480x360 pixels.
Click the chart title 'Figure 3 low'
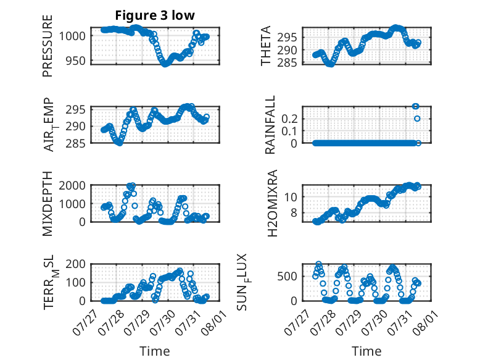pos(155,15)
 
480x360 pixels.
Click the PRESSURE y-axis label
pos(48,46)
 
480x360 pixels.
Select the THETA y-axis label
pos(266,46)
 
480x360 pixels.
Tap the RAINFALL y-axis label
pos(270,125)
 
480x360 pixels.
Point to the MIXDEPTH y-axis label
pos(48,204)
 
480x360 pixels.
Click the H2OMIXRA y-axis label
pos(272,203)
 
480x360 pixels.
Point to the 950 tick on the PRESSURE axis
pos(75,61)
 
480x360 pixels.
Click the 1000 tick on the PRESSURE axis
pos(72,36)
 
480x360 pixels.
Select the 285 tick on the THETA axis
pos(287,62)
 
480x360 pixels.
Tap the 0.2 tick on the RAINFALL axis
pos(289,119)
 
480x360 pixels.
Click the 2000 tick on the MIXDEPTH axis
pos(72,185)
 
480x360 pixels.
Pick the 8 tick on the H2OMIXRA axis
pos(294,212)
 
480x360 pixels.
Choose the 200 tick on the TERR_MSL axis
pos(75,264)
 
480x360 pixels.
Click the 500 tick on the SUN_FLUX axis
pos(287,276)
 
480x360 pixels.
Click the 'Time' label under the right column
pos(366,351)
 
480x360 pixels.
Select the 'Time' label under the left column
pos(155,351)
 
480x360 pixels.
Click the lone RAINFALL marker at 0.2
pos(417,119)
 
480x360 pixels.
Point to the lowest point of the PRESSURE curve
pos(165,64)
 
